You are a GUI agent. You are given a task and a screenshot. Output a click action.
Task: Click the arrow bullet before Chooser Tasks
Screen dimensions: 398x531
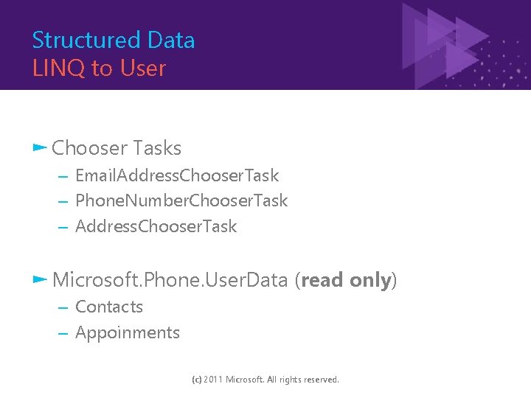40,147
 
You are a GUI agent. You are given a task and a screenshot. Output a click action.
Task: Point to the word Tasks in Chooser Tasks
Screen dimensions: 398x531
157,148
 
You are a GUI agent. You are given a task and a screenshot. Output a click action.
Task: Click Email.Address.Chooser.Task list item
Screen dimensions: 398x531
177,175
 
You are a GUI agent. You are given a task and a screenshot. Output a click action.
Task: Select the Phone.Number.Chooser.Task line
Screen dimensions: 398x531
181,200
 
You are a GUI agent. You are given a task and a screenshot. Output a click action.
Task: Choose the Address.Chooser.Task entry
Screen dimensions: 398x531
156,226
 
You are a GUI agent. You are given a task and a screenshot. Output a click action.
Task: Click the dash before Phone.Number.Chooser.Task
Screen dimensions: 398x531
63,201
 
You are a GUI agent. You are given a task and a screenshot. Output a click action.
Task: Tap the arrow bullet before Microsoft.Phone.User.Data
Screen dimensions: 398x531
40,279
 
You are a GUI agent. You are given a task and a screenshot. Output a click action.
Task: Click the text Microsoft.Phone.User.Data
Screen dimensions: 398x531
170,280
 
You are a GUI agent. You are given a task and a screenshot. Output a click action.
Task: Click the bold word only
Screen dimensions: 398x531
371,280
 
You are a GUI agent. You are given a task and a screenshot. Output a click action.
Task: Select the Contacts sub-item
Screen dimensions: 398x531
109,307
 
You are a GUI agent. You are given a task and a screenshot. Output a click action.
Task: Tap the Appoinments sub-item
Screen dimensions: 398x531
128,332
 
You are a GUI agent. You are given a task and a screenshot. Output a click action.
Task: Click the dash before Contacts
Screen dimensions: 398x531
63,307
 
